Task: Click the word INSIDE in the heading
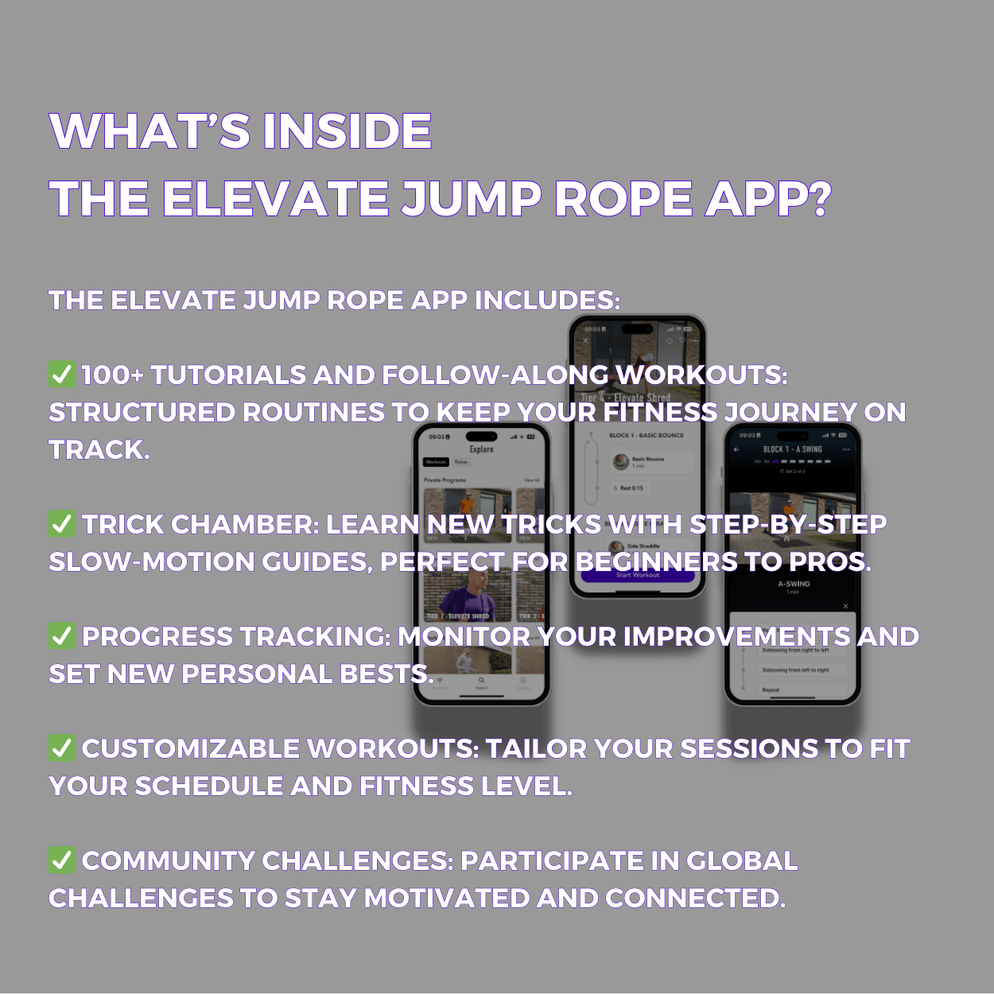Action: pos(348,131)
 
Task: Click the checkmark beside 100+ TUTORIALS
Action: pos(62,375)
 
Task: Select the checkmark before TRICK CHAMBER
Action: pos(62,524)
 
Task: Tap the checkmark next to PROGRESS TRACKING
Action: pos(62,636)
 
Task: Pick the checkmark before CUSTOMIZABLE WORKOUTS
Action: pos(62,748)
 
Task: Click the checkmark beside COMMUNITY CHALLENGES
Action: pos(62,860)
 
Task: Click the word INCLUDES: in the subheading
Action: pos(547,301)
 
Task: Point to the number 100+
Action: pos(111,375)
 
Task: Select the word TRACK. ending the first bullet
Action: pos(99,450)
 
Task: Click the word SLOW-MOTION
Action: pos(150,562)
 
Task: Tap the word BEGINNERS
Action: pos(656,562)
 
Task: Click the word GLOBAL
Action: pos(741,860)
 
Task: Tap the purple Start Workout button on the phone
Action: pos(637,575)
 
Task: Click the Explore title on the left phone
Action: pos(481,449)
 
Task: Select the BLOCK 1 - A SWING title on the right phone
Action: pos(792,449)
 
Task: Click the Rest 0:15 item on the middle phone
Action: pos(631,488)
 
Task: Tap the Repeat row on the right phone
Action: pos(771,690)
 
